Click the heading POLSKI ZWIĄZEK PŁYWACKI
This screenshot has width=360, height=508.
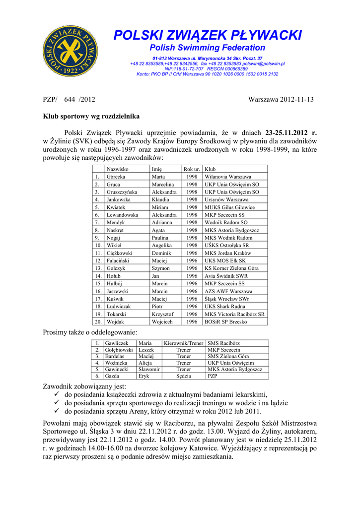tap(208, 35)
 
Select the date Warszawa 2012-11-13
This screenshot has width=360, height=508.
tap(281, 100)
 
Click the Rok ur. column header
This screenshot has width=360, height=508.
tap(192, 169)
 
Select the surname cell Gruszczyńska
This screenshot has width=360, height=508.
tap(122, 192)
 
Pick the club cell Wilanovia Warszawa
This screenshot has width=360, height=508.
tap(228, 177)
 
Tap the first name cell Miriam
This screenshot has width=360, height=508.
tap(160, 207)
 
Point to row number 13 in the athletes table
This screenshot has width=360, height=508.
tap(98, 268)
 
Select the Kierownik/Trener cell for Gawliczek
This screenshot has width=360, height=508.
tap(183, 343)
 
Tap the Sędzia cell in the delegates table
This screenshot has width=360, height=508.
tap(183, 376)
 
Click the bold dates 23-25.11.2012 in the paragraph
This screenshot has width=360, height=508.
tap(291, 133)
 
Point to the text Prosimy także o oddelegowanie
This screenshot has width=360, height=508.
tap(90, 332)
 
